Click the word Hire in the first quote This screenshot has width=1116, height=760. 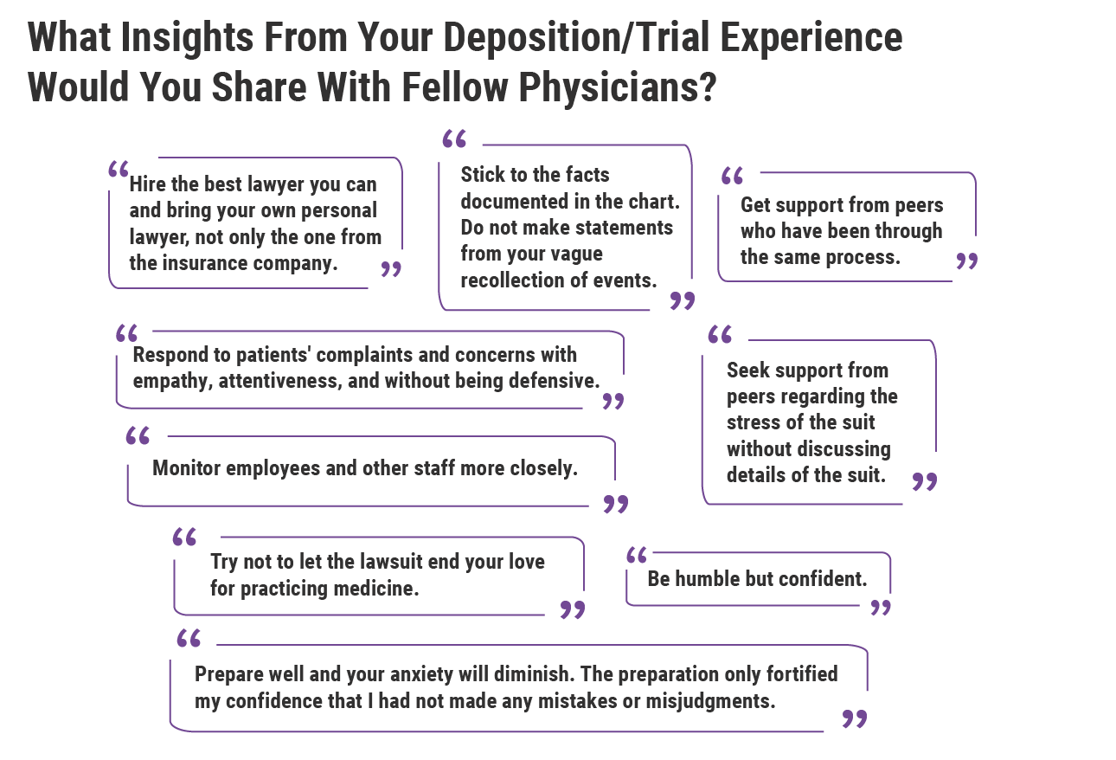point(146,184)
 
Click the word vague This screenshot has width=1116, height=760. point(576,254)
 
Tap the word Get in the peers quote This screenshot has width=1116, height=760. point(755,205)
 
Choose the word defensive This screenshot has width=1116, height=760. point(553,381)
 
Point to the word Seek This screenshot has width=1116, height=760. point(747,370)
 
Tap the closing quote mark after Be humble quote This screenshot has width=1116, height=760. point(880,608)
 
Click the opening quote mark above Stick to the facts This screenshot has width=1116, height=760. point(454,140)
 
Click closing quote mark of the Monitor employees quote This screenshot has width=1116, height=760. point(615,505)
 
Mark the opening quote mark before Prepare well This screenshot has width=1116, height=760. point(189,639)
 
